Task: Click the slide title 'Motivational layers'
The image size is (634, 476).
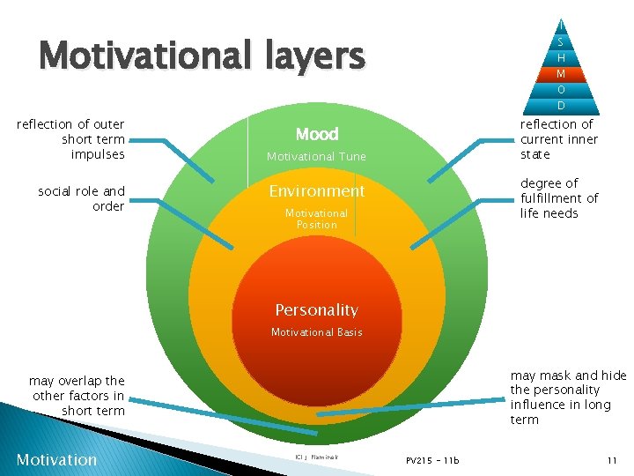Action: click(202, 56)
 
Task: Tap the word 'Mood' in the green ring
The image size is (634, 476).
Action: click(317, 134)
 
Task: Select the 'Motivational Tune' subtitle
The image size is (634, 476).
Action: click(316, 157)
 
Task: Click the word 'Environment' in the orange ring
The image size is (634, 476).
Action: click(316, 191)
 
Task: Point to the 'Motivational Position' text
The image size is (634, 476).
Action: click(316, 219)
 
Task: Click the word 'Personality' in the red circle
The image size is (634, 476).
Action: click(316, 310)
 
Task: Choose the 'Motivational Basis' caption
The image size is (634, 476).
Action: click(316, 332)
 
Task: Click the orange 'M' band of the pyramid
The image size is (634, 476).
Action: click(561, 73)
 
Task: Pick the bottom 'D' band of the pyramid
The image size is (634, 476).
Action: click(561, 106)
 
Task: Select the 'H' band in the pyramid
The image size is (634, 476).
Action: click(561, 57)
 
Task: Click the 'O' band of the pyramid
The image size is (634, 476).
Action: click(561, 90)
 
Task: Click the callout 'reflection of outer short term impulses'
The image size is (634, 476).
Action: click(71, 139)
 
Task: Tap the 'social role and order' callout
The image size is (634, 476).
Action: click(82, 198)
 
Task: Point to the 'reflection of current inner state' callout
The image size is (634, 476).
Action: click(558, 139)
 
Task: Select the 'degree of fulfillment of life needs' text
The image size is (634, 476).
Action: click(558, 198)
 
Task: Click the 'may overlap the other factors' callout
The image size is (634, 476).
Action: click(77, 396)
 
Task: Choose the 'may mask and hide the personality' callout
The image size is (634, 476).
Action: click(567, 397)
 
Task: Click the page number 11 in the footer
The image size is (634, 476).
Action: click(611, 460)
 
